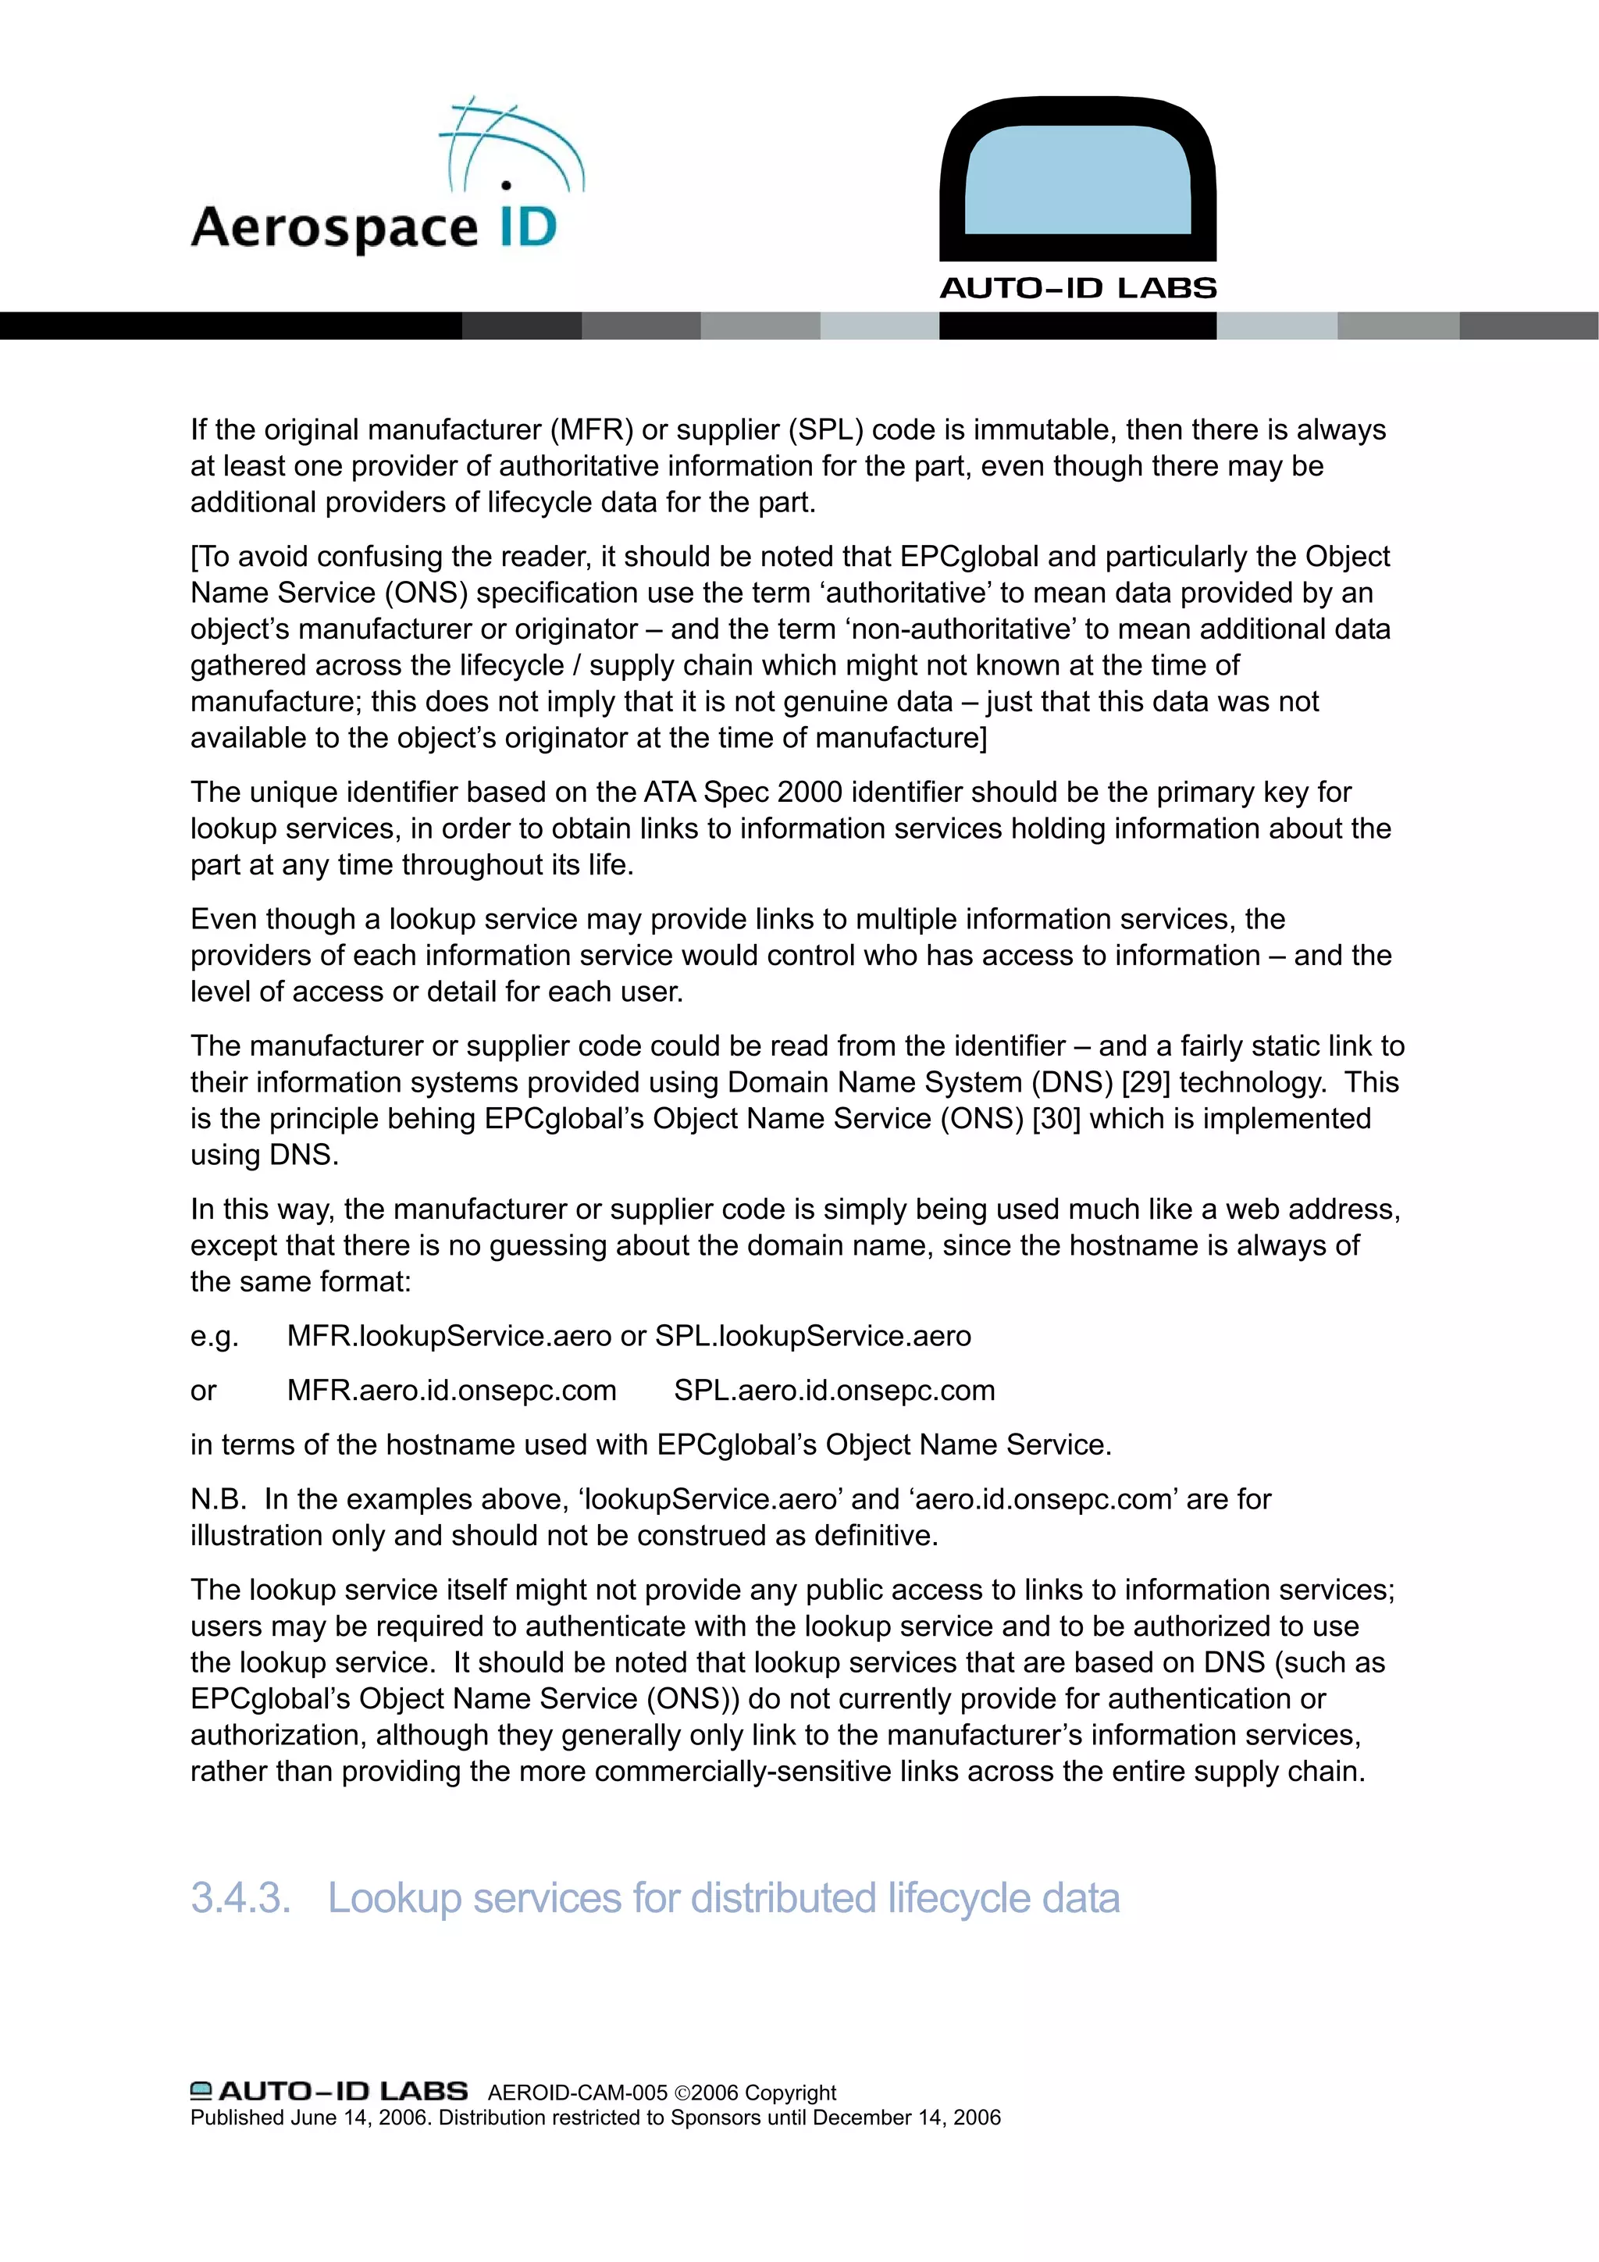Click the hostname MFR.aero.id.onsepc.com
click(451, 1390)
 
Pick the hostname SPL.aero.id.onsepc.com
click(835, 1390)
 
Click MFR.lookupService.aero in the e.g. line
click(449, 1336)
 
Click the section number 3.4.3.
click(240, 1898)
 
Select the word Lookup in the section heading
click(394, 1898)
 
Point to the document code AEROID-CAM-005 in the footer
click(577, 2093)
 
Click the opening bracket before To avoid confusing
click(194, 557)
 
